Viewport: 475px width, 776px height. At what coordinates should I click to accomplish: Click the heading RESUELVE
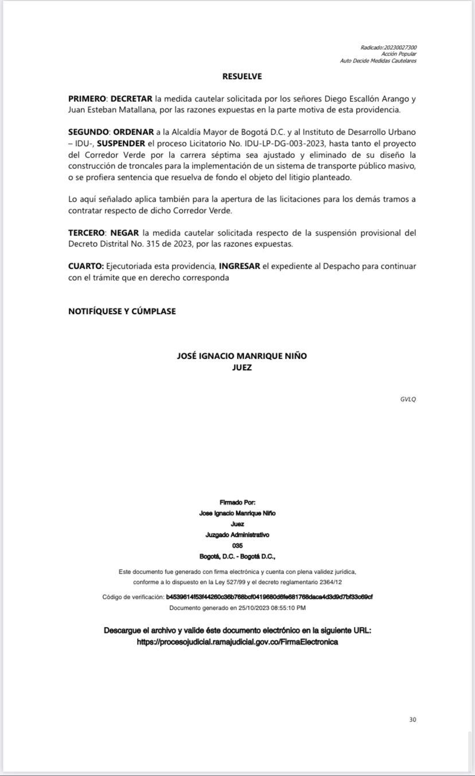[x=242, y=76]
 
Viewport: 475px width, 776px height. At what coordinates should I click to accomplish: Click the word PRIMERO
[x=87, y=99]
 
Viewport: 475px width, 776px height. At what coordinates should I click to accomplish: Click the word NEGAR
[x=124, y=233]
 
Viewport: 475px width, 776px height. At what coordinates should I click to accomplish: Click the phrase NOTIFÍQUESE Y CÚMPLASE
[x=122, y=311]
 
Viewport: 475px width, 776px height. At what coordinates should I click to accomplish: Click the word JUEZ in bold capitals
[x=242, y=367]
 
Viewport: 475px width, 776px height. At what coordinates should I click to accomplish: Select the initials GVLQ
[x=408, y=399]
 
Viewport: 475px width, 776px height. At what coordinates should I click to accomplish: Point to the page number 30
[x=412, y=720]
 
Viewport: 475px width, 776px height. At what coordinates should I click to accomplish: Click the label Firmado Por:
[x=237, y=503]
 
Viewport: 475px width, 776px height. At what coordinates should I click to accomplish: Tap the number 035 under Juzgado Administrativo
[x=237, y=546]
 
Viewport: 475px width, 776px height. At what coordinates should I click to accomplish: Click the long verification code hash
[x=269, y=597]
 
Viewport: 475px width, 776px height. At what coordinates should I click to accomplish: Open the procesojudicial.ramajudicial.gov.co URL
[x=237, y=642]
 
